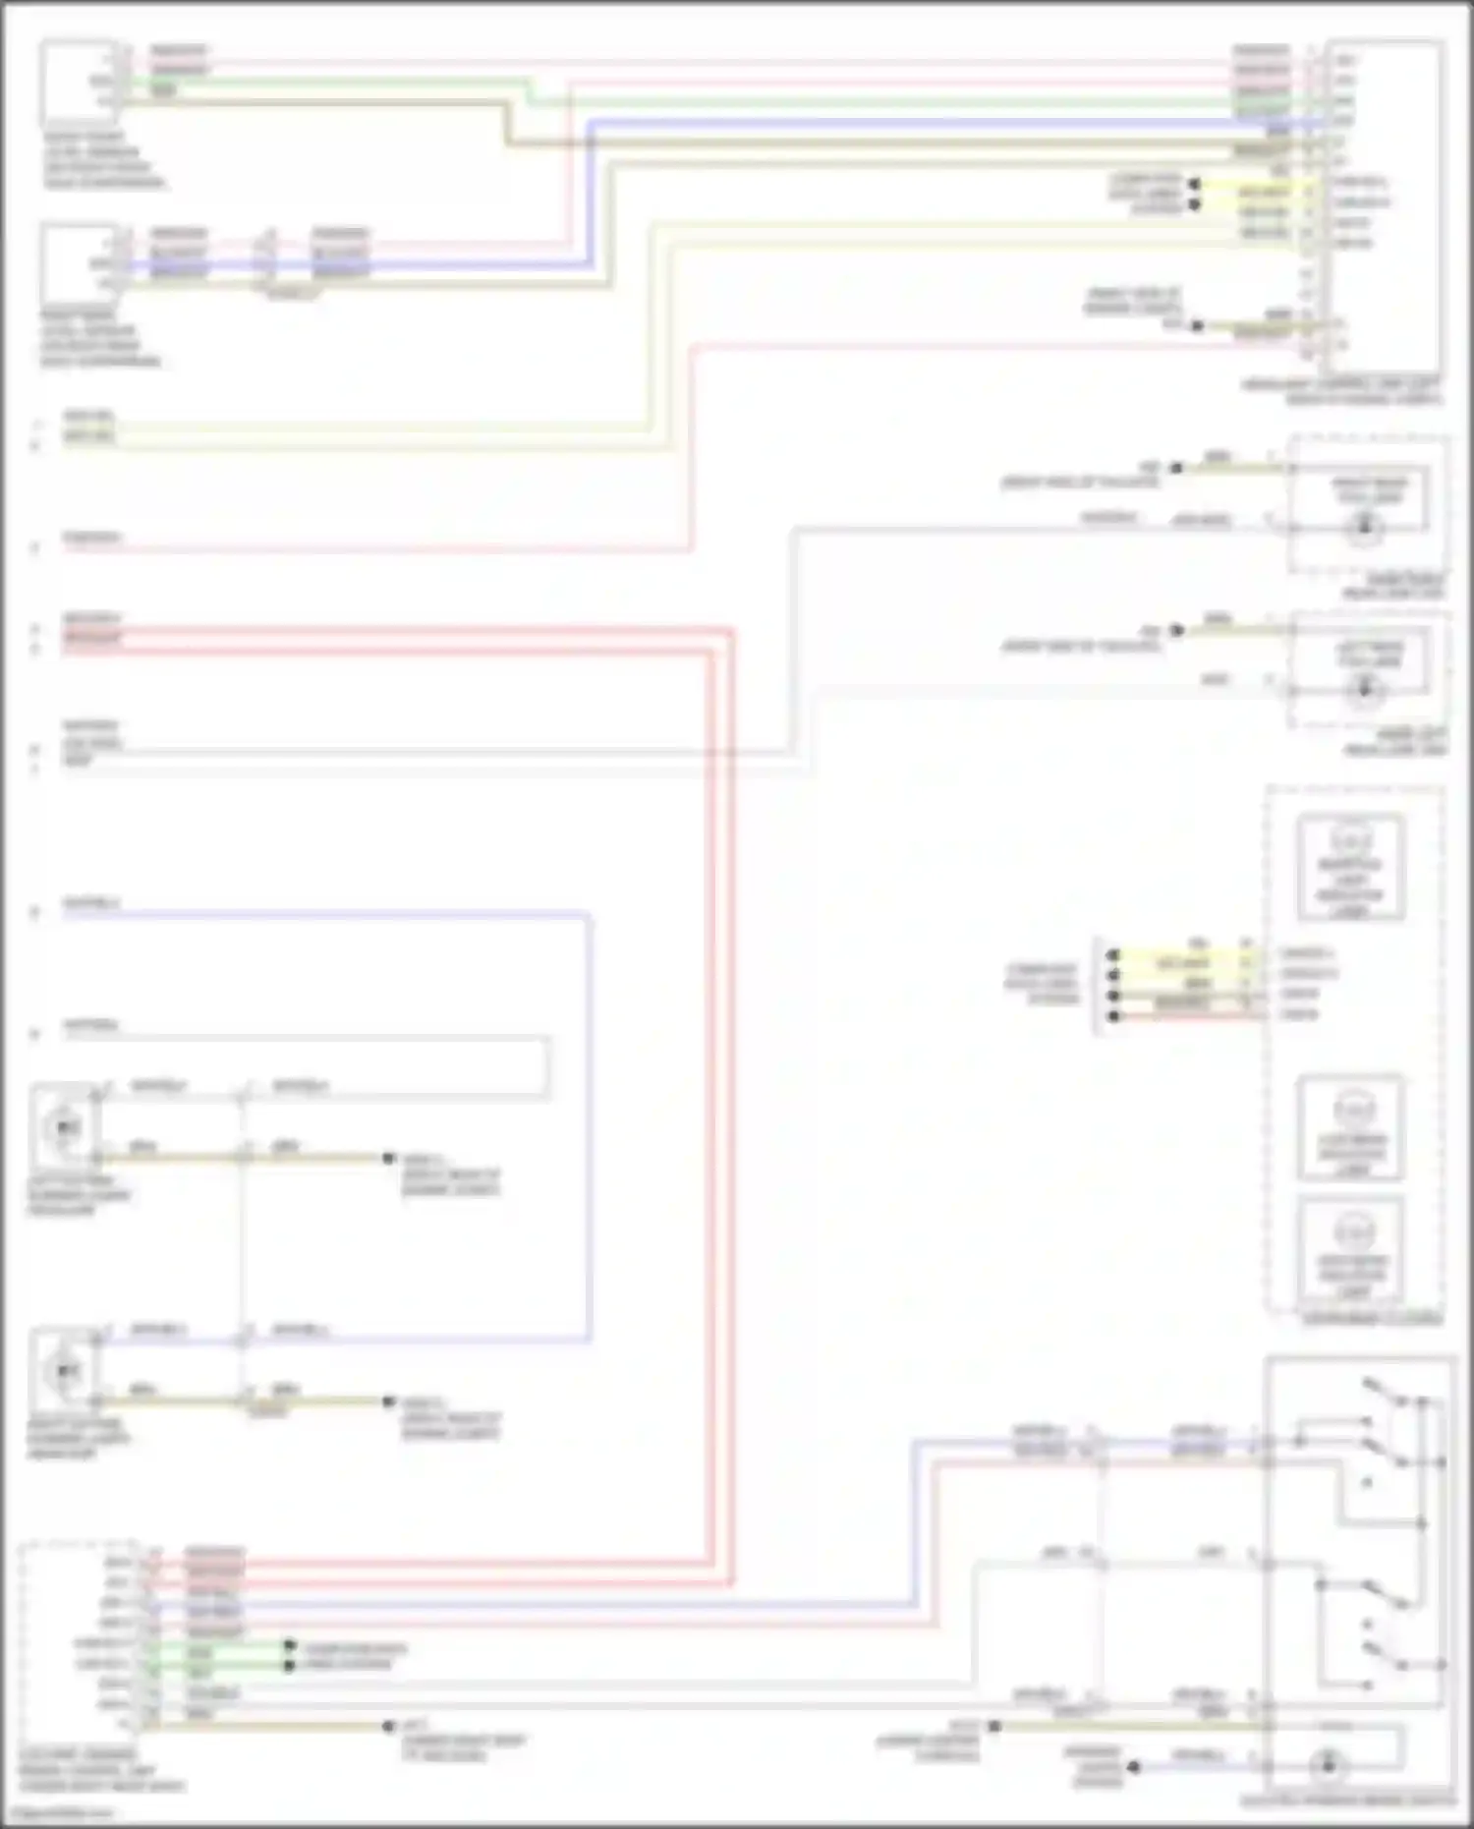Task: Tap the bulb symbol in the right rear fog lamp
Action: tap(1363, 530)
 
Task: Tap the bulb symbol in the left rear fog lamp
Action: tap(1363, 690)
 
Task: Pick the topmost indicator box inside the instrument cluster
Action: tap(1350, 867)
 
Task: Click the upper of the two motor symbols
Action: tap(65, 1126)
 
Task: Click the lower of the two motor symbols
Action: tap(65, 1369)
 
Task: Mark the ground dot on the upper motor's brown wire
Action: tap(389, 1159)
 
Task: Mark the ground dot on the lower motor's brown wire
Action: tap(389, 1401)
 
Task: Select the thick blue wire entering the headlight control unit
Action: tap(884, 122)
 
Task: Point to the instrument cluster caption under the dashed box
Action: tap(1372, 1318)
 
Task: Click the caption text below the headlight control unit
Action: tap(1341, 391)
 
